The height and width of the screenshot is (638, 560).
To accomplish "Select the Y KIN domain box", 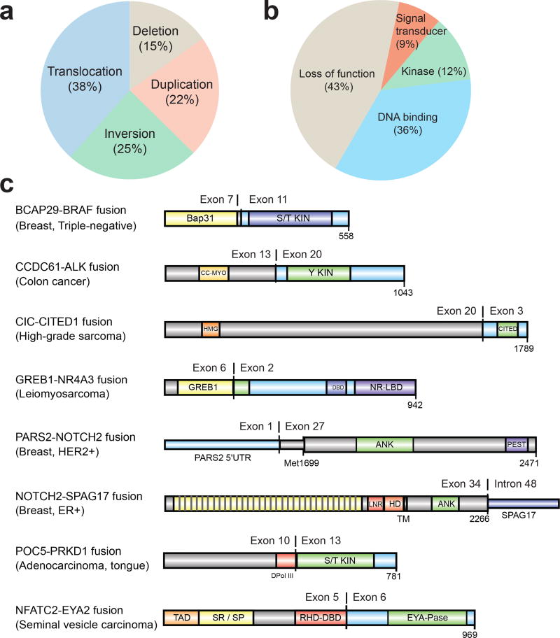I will (x=318, y=274).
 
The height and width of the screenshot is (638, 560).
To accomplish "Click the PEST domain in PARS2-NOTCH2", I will (x=517, y=445).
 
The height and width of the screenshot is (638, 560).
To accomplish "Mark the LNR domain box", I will (x=376, y=503).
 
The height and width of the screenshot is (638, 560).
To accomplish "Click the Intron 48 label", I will (x=519, y=482).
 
